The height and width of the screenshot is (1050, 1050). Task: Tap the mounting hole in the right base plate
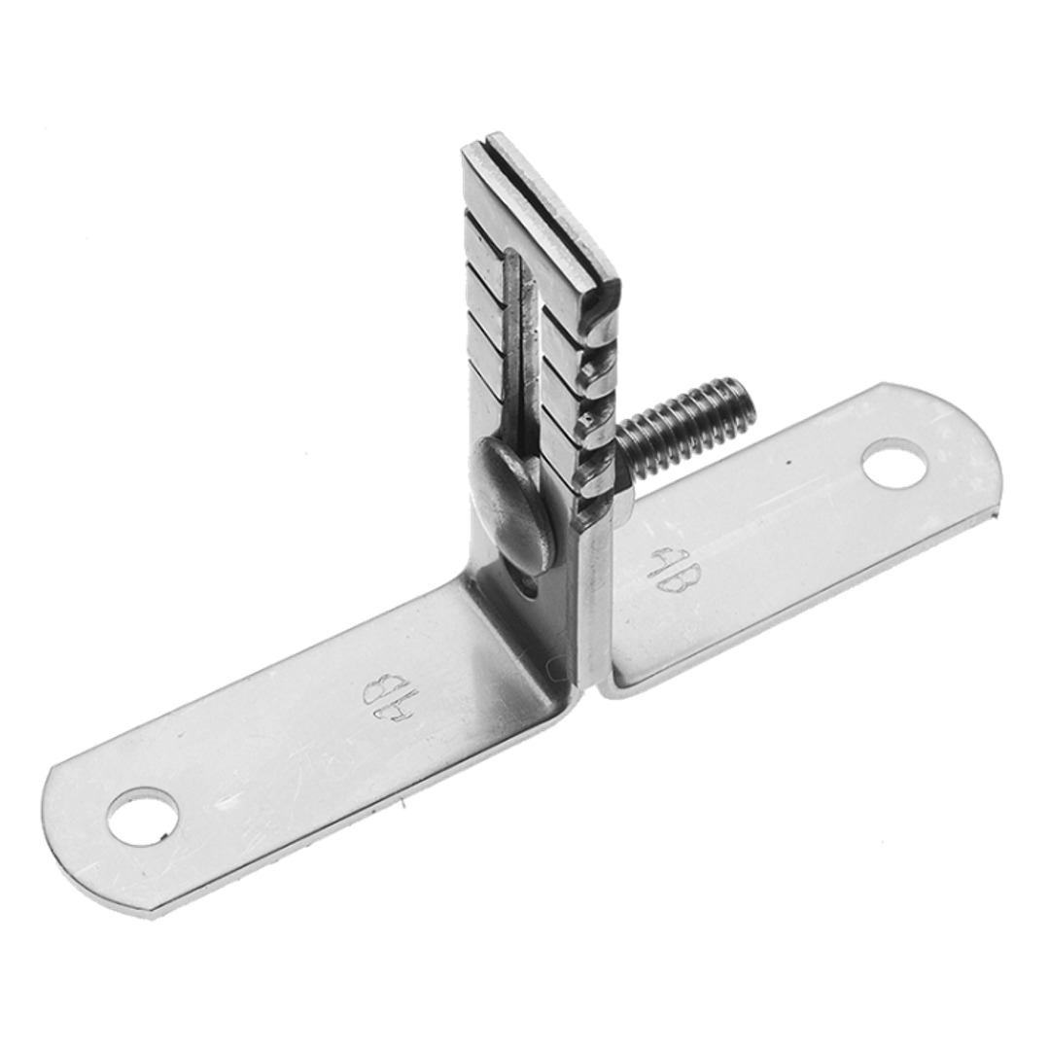pos(895,464)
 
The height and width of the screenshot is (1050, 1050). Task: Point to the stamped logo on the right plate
pos(666,570)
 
